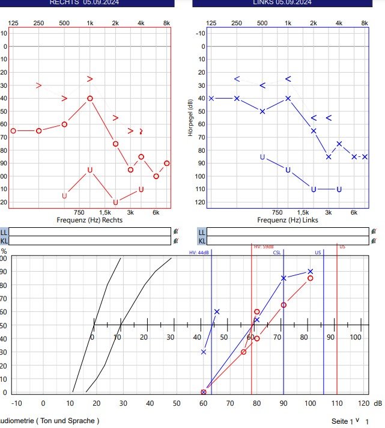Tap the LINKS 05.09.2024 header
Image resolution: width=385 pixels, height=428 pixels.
click(282, 2)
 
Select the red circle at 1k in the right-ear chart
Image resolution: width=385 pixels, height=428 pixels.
click(90, 98)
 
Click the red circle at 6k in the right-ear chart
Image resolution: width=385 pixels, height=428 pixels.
click(156, 176)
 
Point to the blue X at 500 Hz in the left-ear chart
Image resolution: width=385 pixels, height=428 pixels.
click(262, 111)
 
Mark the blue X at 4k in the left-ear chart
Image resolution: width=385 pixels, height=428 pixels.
click(339, 144)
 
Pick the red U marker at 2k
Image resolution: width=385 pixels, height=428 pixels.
click(115, 202)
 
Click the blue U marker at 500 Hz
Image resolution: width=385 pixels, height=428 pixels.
click(262, 157)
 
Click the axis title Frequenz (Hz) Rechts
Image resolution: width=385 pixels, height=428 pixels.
click(89, 220)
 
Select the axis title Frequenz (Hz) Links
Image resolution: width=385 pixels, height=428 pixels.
click(288, 220)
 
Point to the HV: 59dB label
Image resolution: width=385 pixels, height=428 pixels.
click(264, 247)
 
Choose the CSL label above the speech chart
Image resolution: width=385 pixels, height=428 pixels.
click(277, 253)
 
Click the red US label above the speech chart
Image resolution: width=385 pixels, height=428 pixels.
click(342, 247)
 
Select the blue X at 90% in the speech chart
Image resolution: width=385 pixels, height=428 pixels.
click(310, 272)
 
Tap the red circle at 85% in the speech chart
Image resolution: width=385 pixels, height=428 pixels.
click(311, 278)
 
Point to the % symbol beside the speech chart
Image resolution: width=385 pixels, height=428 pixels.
click(4, 251)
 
